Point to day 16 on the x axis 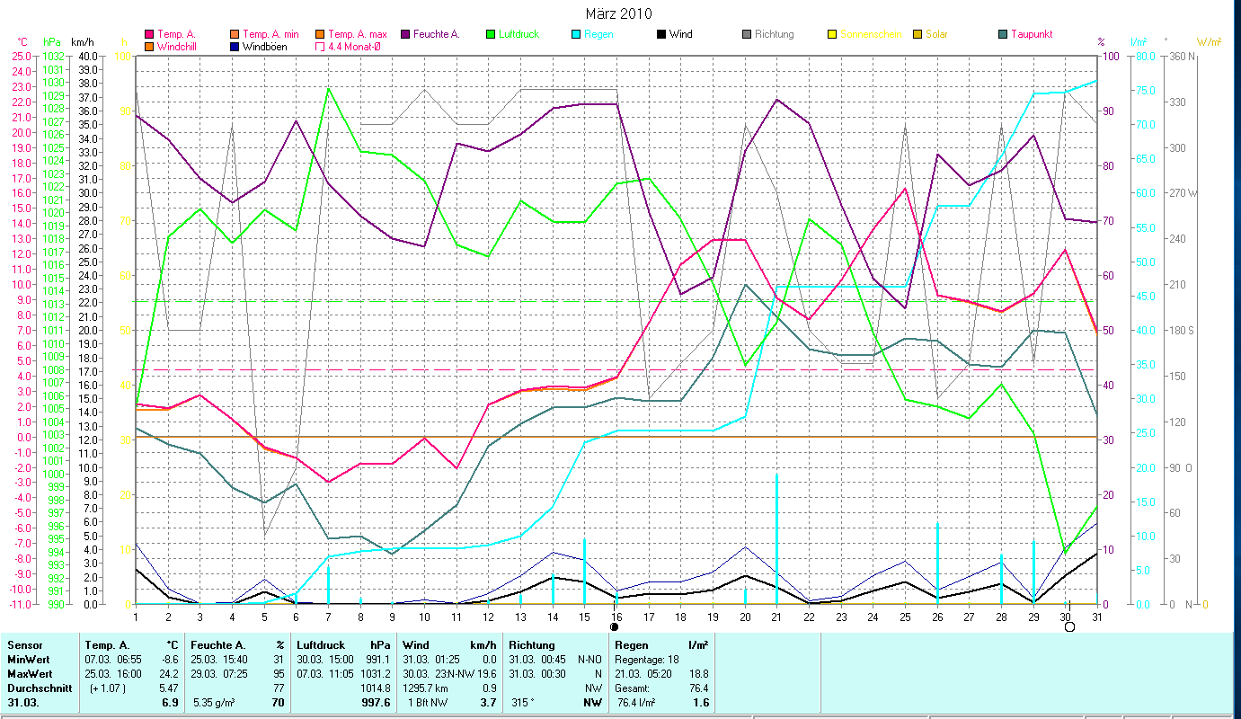[x=616, y=616]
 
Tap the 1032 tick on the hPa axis [x=53, y=56]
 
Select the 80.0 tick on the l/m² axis [x=1145, y=56]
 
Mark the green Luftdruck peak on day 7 [x=329, y=88]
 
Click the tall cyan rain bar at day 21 [x=776, y=539]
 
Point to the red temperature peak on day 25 [x=906, y=188]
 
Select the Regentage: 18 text [x=647, y=659]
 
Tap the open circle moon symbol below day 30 [x=1069, y=627]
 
